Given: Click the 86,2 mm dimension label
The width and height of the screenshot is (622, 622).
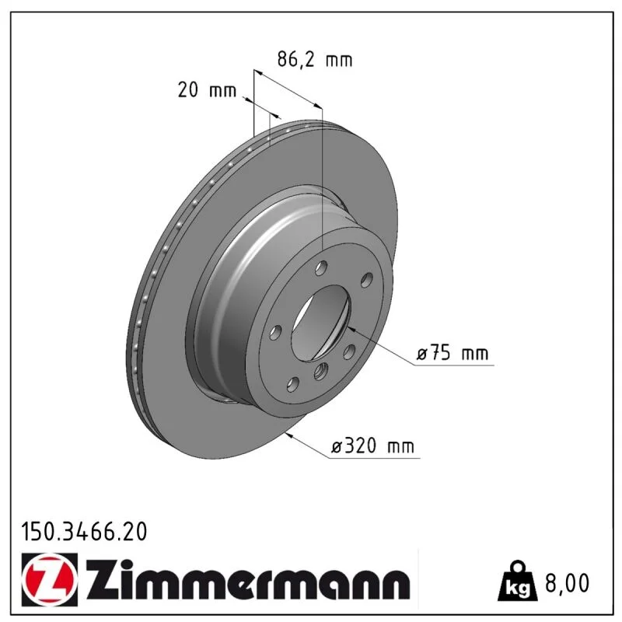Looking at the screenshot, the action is [315, 60].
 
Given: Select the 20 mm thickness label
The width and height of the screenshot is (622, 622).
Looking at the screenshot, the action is [207, 90].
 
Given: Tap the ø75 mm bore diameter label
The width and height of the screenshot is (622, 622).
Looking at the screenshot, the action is [453, 353].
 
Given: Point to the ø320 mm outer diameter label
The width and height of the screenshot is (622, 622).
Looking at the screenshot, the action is [372, 446].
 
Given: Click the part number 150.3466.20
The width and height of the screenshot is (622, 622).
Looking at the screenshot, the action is [84, 532].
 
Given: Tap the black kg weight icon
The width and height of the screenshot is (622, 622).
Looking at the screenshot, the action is [518, 580].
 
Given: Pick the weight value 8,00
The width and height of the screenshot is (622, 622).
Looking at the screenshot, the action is [568, 582].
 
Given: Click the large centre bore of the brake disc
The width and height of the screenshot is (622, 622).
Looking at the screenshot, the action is [321, 323].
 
